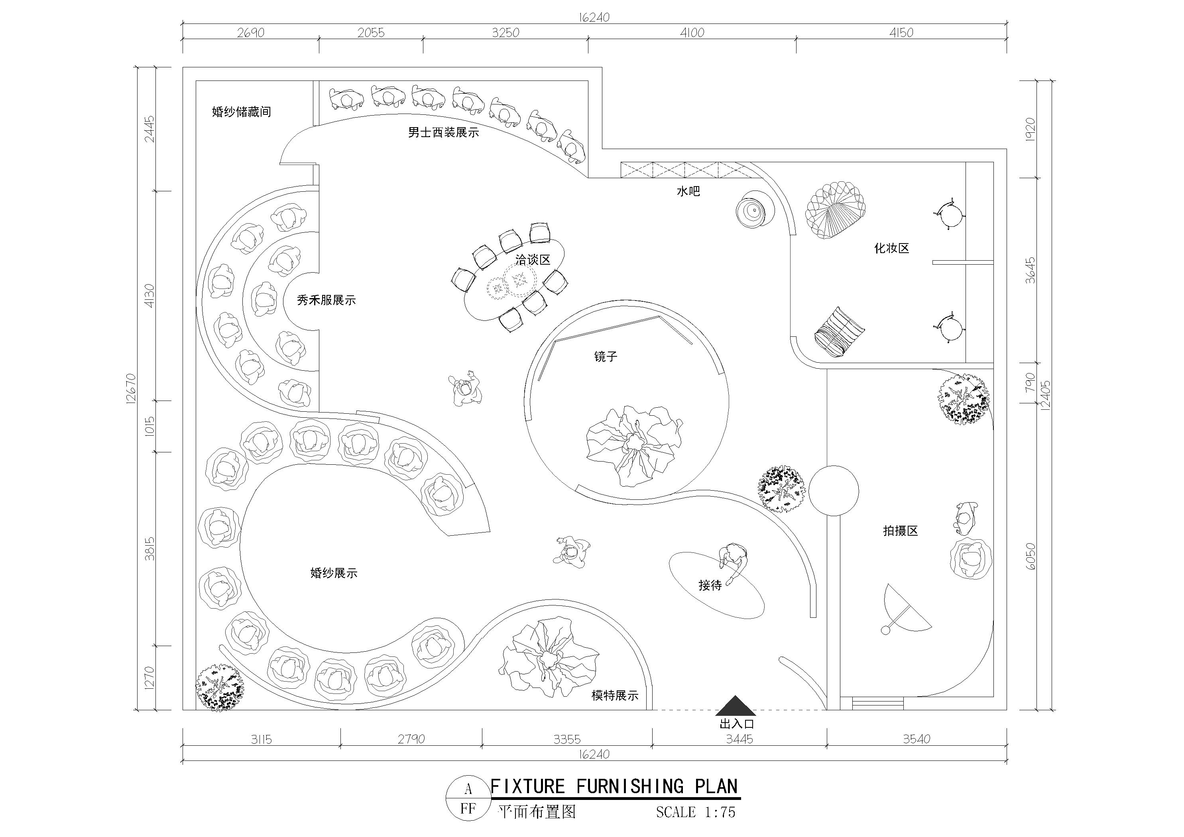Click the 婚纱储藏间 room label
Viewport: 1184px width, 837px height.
point(241,112)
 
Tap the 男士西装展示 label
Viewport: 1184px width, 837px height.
point(443,133)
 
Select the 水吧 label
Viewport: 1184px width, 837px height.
point(688,191)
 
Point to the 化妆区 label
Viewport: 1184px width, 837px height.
point(892,249)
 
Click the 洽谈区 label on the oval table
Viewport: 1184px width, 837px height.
point(533,260)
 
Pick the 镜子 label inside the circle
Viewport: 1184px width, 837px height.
point(606,356)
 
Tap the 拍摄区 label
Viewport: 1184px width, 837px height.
point(901,530)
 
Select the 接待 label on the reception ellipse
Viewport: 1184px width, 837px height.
point(710,586)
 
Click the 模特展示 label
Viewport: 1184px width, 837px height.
point(615,696)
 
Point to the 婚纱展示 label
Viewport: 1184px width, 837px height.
point(334,573)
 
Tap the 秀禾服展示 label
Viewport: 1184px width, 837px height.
point(326,300)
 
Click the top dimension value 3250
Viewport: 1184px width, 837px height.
point(505,33)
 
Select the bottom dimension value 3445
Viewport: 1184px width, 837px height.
point(740,739)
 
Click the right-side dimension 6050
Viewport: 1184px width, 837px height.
point(1031,556)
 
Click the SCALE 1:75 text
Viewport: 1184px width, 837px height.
point(696,812)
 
